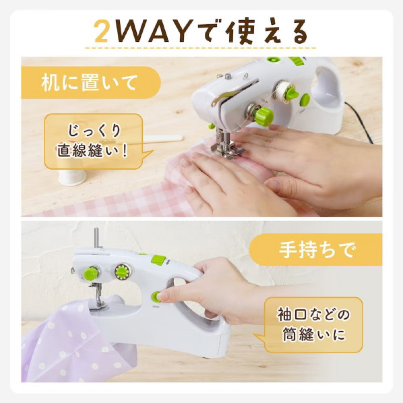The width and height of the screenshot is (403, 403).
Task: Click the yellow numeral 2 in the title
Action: (x=101, y=32)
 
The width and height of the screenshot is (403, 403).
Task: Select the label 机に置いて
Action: (x=89, y=83)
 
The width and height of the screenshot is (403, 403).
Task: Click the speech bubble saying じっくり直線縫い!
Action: (x=94, y=142)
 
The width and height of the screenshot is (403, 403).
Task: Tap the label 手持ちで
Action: (x=318, y=249)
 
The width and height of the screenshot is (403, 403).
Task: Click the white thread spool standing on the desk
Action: (x=71, y=177)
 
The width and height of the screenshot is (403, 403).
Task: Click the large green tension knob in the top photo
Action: (x=263, y=117)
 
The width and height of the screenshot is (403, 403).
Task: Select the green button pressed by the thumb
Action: (x=156, y=297)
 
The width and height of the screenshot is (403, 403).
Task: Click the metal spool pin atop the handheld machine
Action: (x=96, y=238)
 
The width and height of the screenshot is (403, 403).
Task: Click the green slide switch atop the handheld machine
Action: (x=158, y=260)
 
